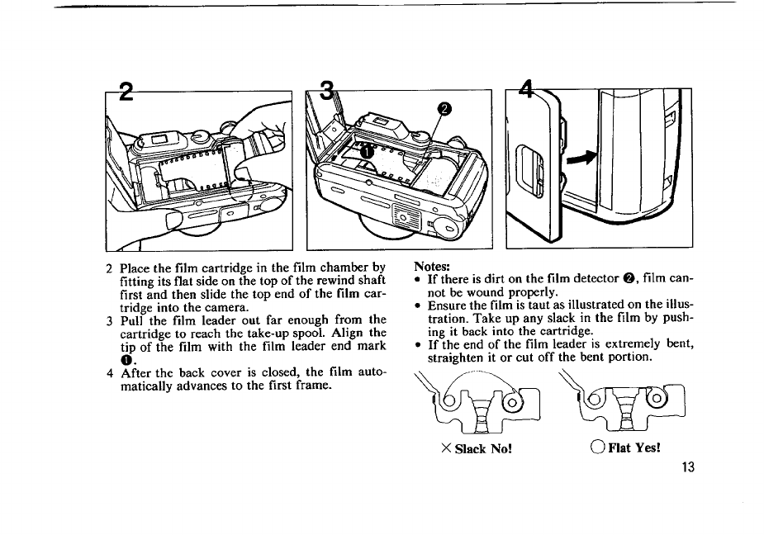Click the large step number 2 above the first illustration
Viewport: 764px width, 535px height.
[126, 92]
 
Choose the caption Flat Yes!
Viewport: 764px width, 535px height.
[632, 448]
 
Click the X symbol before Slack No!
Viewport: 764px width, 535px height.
[445, 448]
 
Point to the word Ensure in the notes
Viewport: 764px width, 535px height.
[446, 305]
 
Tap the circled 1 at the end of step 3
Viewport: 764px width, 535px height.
[126, 359]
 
